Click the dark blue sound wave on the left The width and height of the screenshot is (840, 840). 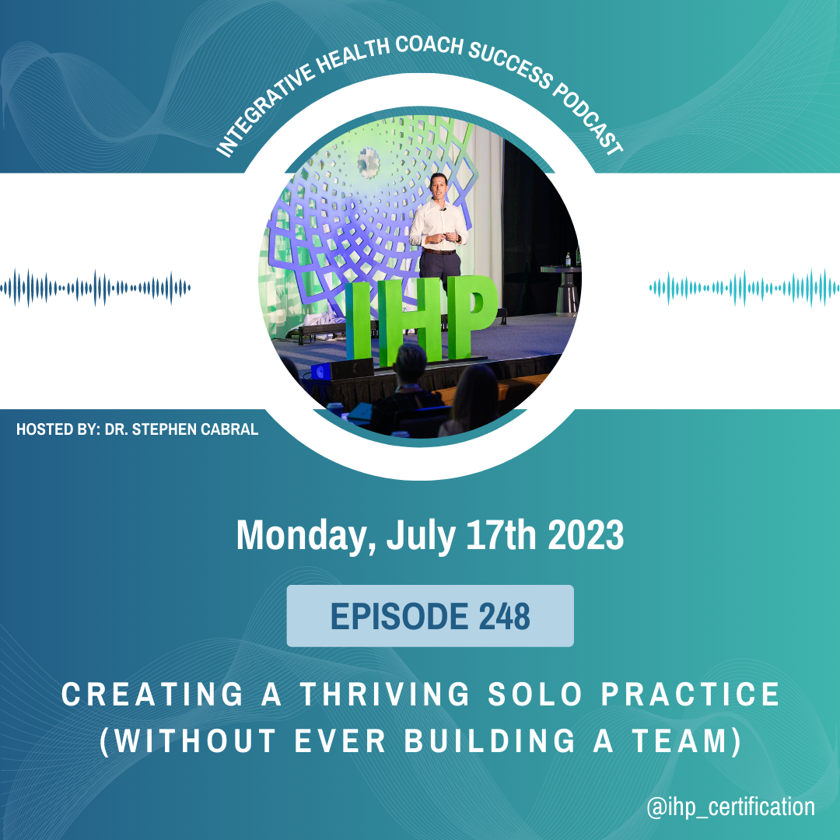(x=96, y=288)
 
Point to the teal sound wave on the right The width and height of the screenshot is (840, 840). (x=744, y=288)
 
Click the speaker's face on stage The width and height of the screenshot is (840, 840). (x=438, y=185)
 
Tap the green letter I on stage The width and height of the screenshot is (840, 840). (x=358, y=321)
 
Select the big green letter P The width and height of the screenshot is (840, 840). (x=471, y=316)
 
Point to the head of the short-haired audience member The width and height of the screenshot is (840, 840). (x=411, y=362)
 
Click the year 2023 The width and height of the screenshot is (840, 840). (x=586, y=534)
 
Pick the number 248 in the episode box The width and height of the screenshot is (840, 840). (x=504, y=616)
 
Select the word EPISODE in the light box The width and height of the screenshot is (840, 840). (x=400, y=616)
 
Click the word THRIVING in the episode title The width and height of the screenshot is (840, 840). (x=385, y=695)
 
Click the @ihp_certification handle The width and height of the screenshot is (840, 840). (x=730, y=807)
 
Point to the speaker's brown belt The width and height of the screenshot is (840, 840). (x=439, y=251)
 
